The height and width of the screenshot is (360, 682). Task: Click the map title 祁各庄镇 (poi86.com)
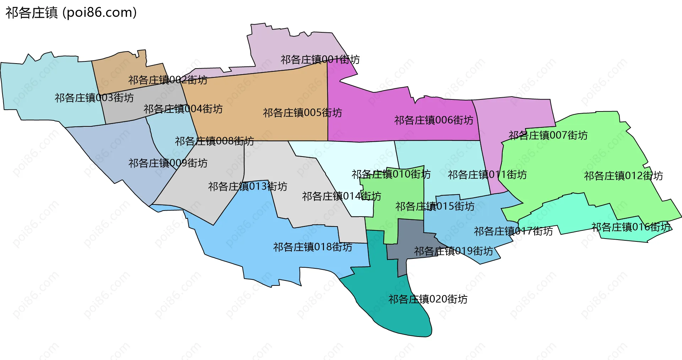71,13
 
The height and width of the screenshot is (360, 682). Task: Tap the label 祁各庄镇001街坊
320,59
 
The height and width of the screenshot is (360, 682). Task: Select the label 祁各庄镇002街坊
168,80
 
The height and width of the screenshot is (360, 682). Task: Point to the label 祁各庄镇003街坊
94,98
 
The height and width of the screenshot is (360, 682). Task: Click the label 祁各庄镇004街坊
183,109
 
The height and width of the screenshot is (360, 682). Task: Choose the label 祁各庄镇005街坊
302,113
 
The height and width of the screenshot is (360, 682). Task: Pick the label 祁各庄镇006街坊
434,120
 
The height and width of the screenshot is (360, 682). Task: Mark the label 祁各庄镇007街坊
548,135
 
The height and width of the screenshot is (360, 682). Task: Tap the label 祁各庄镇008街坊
214,141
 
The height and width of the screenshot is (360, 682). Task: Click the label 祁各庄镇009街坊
168,163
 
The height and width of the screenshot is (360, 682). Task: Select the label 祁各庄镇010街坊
391,174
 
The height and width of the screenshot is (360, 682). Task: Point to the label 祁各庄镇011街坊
487,175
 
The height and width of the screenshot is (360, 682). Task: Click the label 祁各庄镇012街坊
623,176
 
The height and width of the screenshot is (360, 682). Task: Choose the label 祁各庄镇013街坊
248,186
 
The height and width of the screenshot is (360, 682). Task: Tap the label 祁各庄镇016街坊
631,227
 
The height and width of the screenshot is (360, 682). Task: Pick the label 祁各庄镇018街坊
313,247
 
